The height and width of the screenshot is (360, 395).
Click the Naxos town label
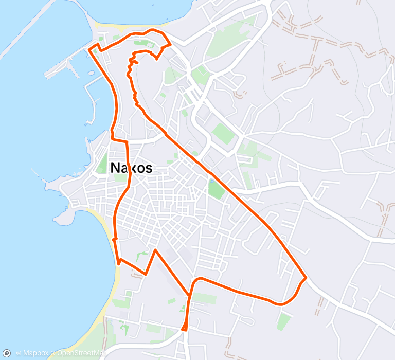(x=131, y=168)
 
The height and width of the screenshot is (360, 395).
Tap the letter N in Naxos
(x=116, y=168)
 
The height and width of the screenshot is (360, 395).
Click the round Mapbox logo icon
(x=7, y=353)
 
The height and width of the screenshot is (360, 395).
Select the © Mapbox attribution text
(x=34, y=353)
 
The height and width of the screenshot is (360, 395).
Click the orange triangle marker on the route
(x=185, y=326)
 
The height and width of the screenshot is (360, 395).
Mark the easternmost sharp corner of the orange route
(x=306, y=278)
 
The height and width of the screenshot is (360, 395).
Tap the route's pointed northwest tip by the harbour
(x=90, y=49)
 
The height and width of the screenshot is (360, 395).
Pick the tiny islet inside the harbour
(x=91, y=73)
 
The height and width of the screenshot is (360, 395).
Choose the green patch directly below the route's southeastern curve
(x=283, y=321)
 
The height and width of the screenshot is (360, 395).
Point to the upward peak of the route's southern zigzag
(x=155, y=250)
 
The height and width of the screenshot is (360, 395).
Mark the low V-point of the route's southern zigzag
(x=146, y=274)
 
